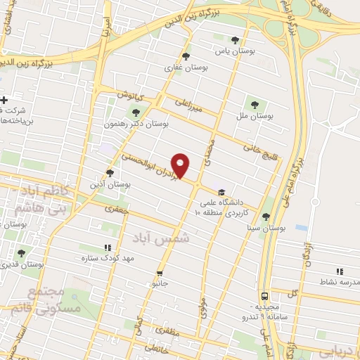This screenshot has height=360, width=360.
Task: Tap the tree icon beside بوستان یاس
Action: tap(235, 40)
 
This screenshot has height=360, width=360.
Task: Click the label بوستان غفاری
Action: tap(187, 67)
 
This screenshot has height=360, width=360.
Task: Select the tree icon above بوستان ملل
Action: tap(254, 104)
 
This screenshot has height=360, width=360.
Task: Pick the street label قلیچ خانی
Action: tap(256, 148)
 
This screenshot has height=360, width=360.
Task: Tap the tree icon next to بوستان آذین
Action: tap(110, 172)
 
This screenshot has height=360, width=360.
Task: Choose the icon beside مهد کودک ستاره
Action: tap(107, 247)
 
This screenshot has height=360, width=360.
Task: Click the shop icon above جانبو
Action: tap(160, 273)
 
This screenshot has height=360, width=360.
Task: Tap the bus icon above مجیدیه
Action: tap(264, 296)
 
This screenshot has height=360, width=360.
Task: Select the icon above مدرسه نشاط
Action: tap(340, 271)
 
